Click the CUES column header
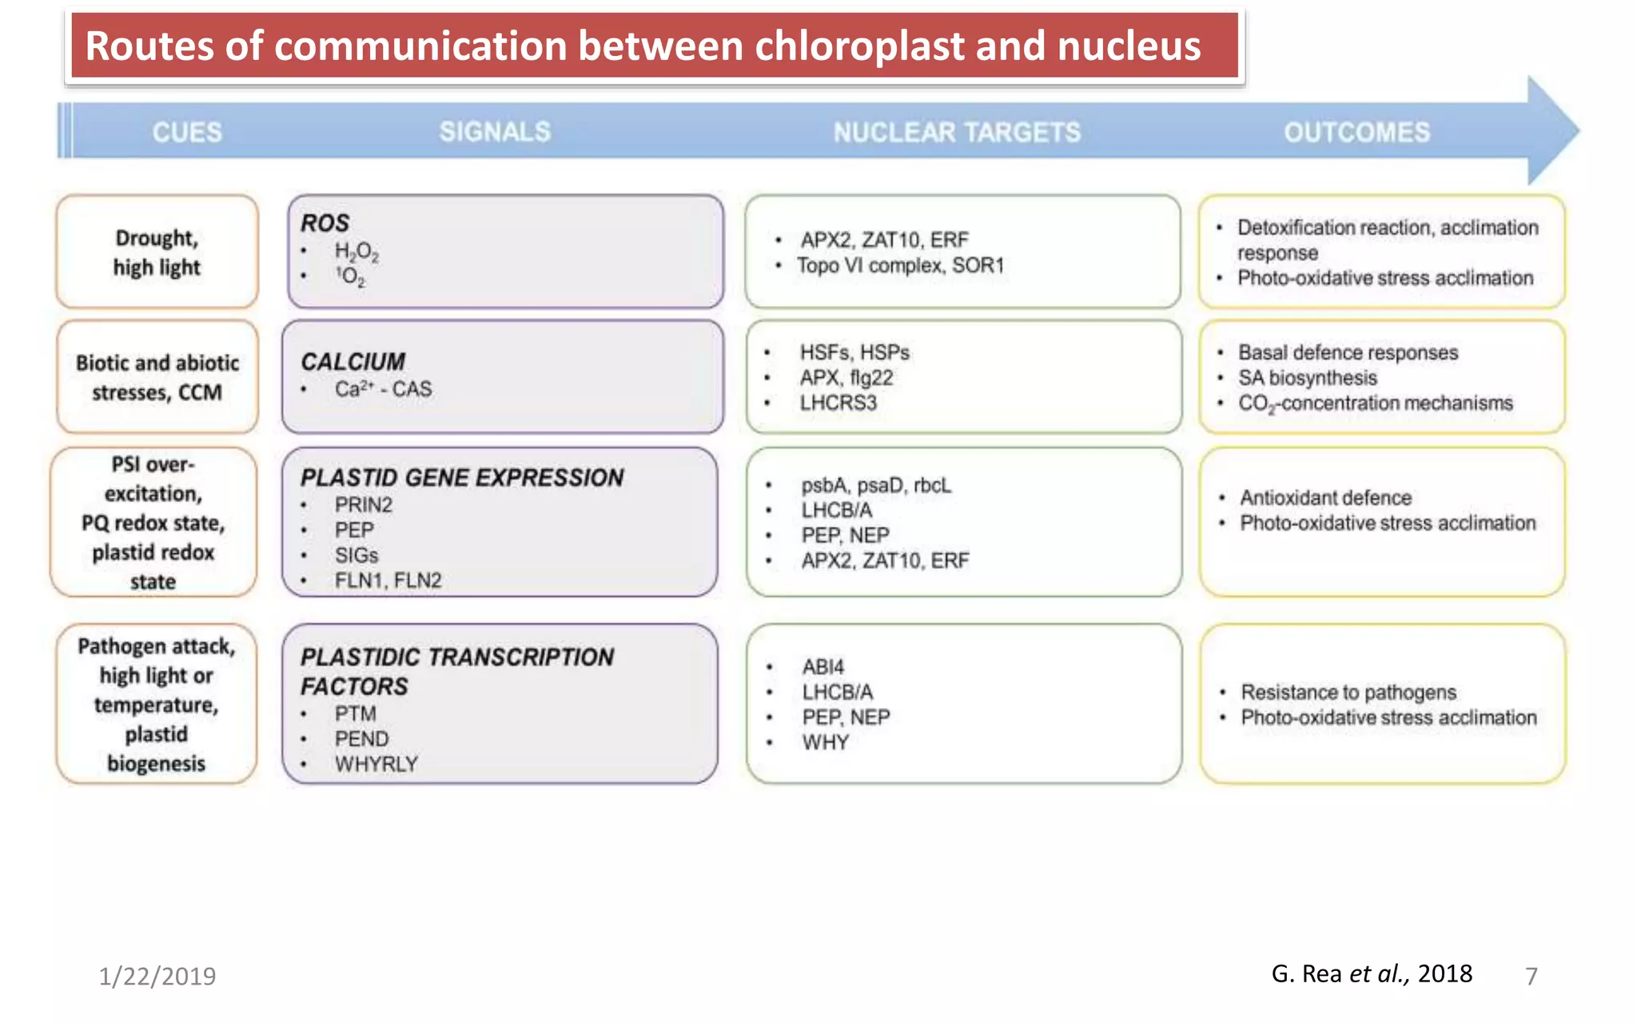click(187, 132)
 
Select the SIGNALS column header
click(495, 132)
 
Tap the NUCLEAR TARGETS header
click(957, 132)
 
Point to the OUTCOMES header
click(1356, 132)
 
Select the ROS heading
click(325, 223)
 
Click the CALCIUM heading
click(352, 361)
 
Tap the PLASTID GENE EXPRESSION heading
click(461, 477)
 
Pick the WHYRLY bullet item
click(376, 764)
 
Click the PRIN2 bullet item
click(363, 505)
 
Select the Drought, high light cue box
click(157, 252)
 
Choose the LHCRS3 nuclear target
click(838, 403)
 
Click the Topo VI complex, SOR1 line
click(900, 265)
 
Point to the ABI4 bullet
click(822, 667)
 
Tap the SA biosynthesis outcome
click(1308, 378)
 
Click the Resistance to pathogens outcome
click(1348, 692)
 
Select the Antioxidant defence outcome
click(1325, 498)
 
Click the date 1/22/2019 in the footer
click(157, 976)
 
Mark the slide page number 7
click(1531, 976)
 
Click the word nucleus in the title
click(1129, 46)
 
